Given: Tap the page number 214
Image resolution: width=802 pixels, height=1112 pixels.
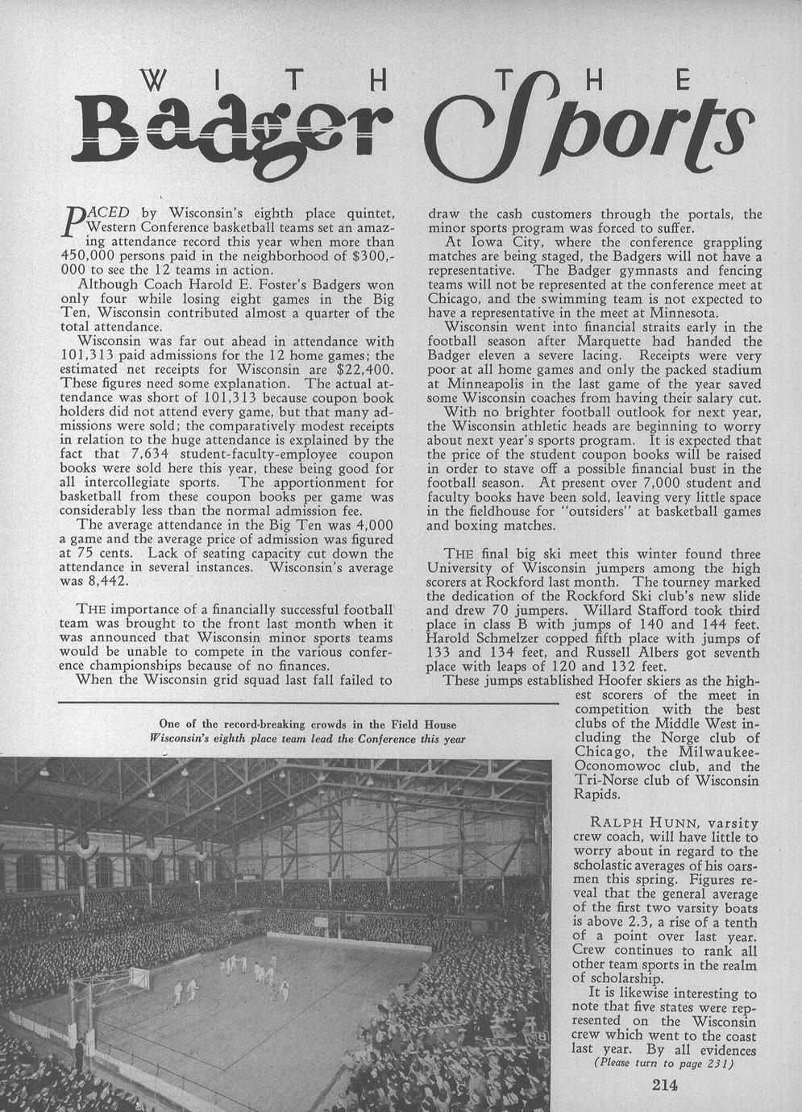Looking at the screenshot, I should click(x=665, y=1084).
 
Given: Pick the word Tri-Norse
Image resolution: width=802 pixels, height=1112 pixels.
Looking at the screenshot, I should click(x=611, y=780).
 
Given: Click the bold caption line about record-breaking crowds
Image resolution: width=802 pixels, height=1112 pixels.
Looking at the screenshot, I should click(x=308, y=723).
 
